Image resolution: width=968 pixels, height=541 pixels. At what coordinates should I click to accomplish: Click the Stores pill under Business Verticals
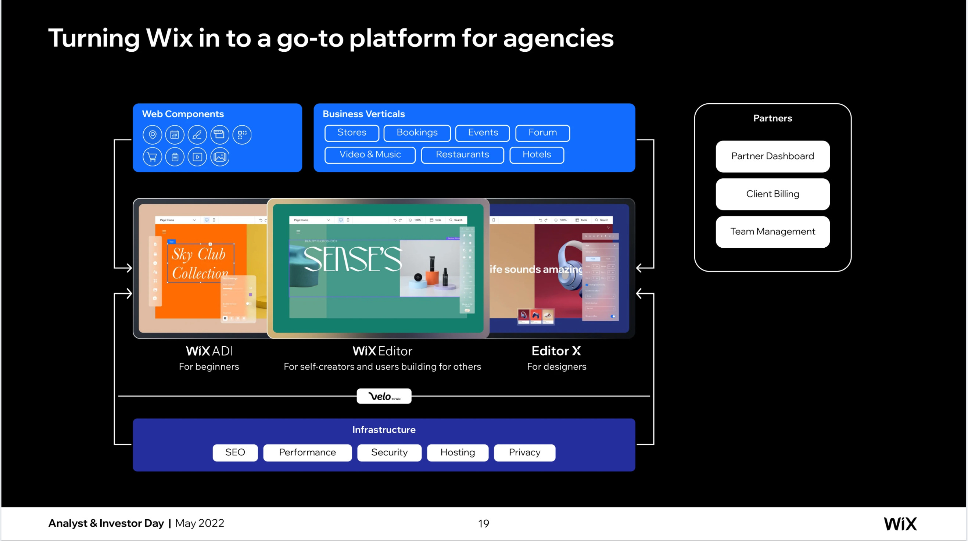tap(352, 133)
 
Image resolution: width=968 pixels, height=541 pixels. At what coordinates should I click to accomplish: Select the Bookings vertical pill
tap(417, 133)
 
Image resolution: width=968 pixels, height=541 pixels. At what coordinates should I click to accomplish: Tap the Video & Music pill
tap(370, 155)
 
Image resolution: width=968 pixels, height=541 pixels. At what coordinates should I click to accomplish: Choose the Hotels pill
tap(536, 155)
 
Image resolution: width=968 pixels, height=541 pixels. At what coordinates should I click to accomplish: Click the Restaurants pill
tap(462, 155)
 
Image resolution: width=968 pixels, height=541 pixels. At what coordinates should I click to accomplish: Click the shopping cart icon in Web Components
tap(152, 157)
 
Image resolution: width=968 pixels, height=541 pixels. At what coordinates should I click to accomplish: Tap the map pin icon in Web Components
tap(152, 135)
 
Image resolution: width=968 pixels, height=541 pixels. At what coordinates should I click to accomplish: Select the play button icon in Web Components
tap(197, 157)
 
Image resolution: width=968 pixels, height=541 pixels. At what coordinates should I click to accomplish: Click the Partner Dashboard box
tap(772, 156)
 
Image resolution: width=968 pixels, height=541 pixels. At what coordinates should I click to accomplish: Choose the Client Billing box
tap(772, 194)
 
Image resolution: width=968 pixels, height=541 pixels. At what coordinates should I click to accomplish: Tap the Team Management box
tap(772, 232)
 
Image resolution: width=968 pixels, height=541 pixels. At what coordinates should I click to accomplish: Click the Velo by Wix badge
tap(384, 396)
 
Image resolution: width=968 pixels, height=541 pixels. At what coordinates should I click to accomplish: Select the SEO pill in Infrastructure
tap(235, 452)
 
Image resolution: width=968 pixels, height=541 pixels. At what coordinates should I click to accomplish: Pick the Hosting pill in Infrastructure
tap(457, 452)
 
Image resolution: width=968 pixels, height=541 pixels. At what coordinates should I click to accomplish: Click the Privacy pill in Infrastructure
tap(524, 452)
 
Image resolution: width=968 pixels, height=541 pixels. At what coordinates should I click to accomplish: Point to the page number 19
tap(483, 523)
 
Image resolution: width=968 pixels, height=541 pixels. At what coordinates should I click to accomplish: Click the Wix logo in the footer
tap(900, 523)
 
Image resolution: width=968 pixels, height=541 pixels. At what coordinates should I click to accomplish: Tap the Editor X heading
tap(556, 351)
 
